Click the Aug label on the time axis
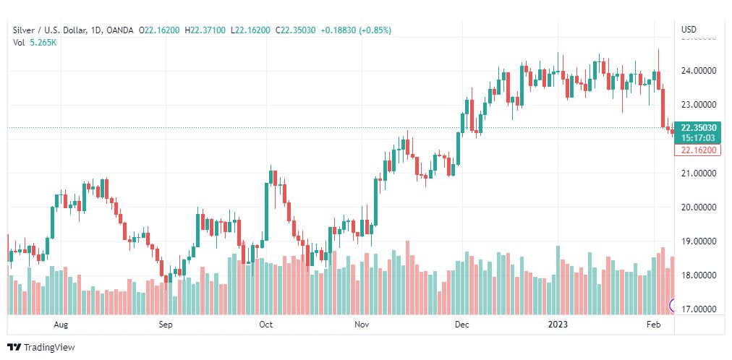click(x=61, y=325)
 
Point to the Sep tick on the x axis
click(x=166, y=325)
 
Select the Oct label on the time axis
click(x=265, y=325)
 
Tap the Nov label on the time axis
click(x=362, y=325)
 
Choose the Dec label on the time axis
click(x=462, y=325)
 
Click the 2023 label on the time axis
click(x=558, y=325)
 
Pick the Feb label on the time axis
click(x=653, y=325)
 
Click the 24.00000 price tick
click(x=698, y=71)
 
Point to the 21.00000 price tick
click(x=698, y=173)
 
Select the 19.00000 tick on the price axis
click(x=698, y=241)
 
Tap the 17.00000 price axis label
click(x=698, y=309)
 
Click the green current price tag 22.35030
click(x=698, y=127)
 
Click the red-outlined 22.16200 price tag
click(x=698, y=150)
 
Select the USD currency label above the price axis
click(x=689, y=30)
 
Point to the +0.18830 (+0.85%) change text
click(x=357, y=30)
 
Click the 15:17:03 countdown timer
click(x=698, y=137)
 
